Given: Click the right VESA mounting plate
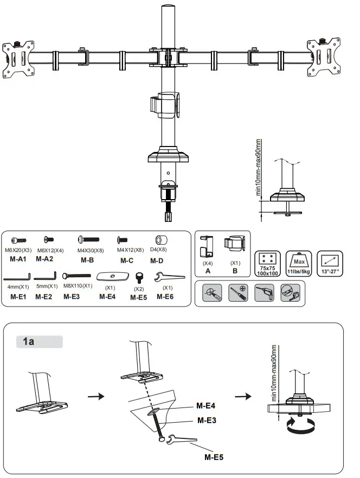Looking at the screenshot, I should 325,57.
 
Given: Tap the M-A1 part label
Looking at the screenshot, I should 18,259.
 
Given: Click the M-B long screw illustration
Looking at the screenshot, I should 88,239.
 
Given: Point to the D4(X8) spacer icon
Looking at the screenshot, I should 161,240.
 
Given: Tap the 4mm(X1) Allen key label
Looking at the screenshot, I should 18,286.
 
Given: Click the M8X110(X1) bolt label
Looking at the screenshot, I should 78,286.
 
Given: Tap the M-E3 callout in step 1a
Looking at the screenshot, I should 208,420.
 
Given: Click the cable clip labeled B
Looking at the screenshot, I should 235,247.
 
